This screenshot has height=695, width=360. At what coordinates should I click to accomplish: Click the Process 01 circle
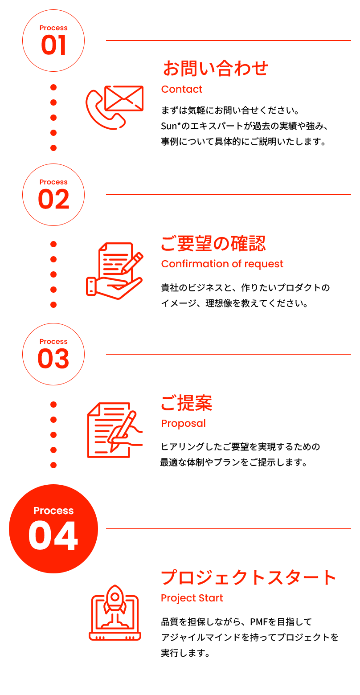click(x=53, y=41)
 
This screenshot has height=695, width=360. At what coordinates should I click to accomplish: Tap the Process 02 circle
click(x=53, y=195)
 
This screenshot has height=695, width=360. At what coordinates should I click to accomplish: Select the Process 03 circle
click(x=53, y=354)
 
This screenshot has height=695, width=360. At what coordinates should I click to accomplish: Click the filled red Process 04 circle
click(x=53, y=529)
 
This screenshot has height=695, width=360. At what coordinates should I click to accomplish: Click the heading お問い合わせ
click(x=215, y=69)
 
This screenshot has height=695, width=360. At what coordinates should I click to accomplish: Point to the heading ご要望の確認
click(x=213, y=244)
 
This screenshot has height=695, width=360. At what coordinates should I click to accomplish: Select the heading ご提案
click(x=186, y=403)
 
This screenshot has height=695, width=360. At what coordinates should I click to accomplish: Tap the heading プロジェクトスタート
click(x=248, y=578)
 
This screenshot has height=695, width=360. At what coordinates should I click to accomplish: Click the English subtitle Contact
click(x=181, y=89)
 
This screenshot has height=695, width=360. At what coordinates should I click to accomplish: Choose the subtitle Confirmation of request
click(x=222, y=264)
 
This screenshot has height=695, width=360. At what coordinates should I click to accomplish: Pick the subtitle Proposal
click(x=183, y=423)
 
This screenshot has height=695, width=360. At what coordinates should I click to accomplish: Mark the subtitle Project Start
click(x=192, y=598)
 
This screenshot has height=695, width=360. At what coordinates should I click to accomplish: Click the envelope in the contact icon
click(x=123, y=98)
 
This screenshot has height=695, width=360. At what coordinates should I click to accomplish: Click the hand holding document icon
click(x=114, y=270)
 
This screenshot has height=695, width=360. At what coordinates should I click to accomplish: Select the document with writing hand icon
click(x=114, y=430)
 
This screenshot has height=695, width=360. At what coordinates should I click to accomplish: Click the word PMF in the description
click(x=258, y=621)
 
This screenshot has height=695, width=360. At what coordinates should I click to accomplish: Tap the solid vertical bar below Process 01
click(x=53, y=117)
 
